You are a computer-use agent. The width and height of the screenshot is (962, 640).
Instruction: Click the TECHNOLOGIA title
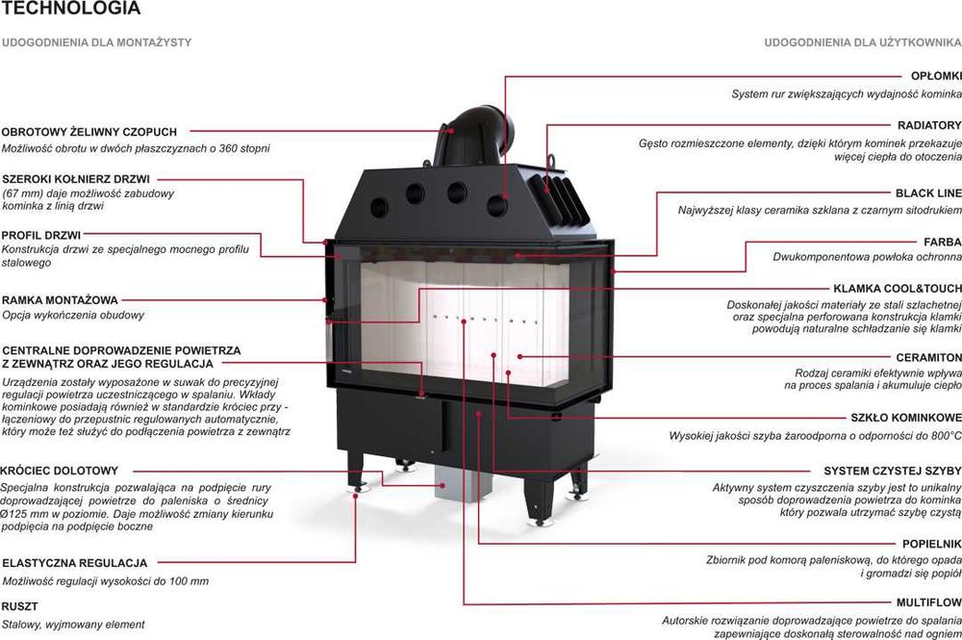(x=71, y=10)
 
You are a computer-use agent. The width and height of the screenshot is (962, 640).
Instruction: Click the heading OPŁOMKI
(x=935, y=76)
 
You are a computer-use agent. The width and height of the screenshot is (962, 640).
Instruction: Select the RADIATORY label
(x=928, y=125)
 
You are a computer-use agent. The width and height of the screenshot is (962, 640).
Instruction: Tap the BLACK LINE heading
(x=927, y=193)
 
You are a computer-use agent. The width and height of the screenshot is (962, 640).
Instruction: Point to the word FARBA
(x=942, y=242)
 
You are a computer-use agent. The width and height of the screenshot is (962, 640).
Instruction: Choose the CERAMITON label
(x=927, y=357)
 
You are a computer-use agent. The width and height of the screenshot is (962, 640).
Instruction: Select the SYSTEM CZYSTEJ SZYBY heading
(x=892, y=471)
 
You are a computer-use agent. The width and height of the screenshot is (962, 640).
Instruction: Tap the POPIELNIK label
(x=931, y=544)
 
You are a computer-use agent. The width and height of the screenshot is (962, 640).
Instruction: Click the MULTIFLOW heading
(x=928, y=602)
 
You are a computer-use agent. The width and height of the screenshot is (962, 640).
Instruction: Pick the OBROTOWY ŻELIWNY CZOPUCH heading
(x=89, y=132)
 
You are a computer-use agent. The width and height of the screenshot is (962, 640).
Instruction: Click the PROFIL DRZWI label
(x=41, y=234)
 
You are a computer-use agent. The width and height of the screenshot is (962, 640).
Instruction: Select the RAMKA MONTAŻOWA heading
(x=60, y=300)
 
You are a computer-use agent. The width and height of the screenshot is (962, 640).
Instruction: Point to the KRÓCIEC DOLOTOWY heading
(x=60, y=471)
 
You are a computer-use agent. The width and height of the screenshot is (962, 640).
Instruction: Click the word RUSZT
(x=20, y=607)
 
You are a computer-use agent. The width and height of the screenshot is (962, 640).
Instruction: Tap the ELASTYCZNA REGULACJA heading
(x=74, y=563)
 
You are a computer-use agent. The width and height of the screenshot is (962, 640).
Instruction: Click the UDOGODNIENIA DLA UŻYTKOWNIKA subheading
(x=862, y=43)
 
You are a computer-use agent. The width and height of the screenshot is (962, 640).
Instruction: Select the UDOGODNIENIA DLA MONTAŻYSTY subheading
(x=97, y=43)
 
